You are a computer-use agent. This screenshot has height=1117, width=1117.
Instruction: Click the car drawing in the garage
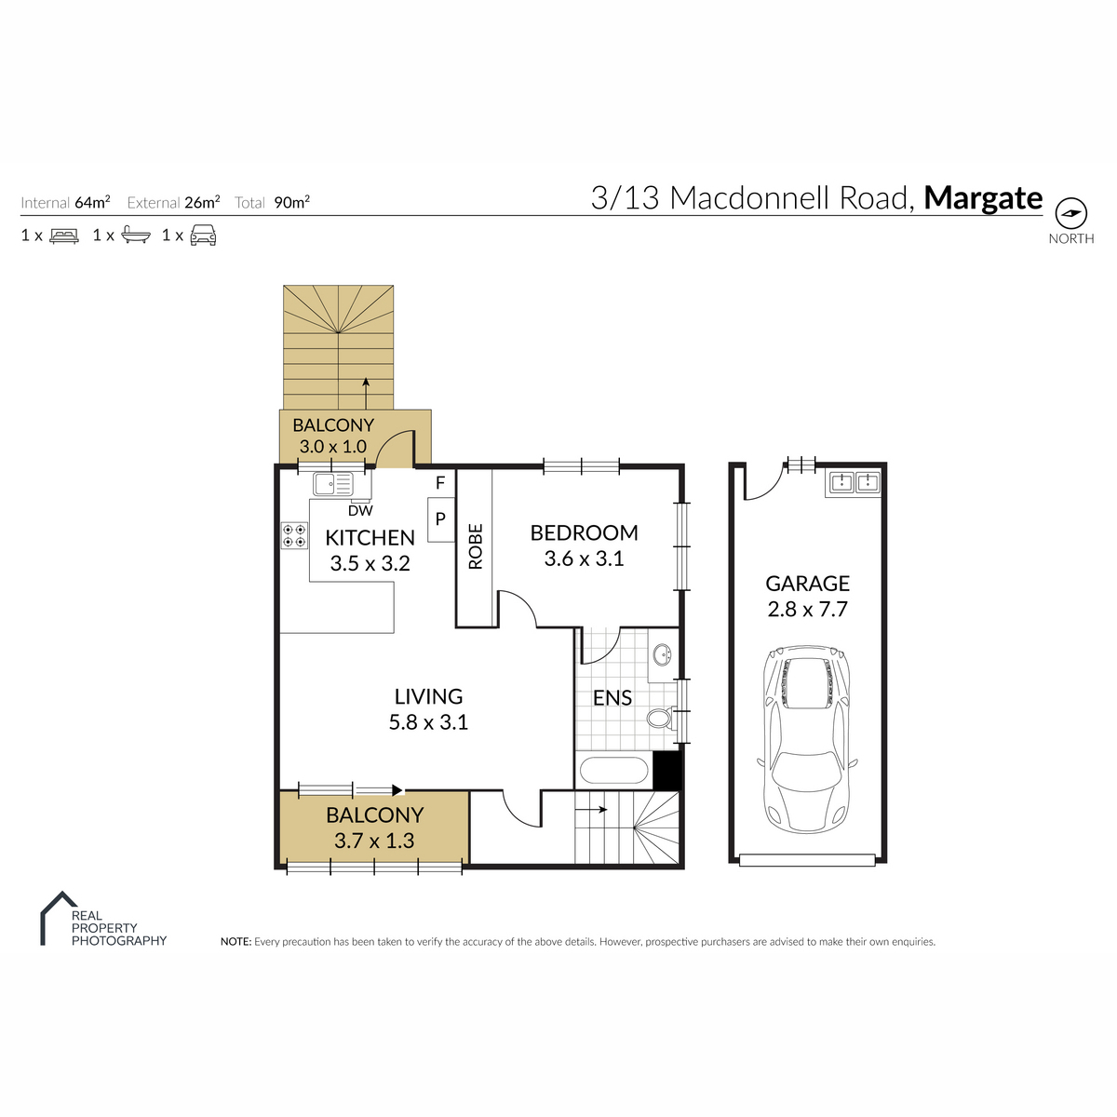807,740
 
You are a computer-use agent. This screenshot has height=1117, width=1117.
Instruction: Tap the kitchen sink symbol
332,483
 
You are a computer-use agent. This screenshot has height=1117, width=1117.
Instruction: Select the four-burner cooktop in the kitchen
294,535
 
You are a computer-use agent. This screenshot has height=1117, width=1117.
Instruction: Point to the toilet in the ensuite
661,719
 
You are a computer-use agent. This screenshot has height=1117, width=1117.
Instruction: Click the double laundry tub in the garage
854,481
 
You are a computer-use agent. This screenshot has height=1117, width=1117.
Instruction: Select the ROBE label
475,546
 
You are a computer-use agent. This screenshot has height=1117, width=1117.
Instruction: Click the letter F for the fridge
440,482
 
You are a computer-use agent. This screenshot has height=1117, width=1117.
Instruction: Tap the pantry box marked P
440,519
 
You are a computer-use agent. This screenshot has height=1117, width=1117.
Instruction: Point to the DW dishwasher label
360,511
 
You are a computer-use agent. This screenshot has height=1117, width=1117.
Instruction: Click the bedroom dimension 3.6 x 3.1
584,558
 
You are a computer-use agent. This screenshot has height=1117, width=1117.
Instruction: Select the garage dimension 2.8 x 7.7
807,609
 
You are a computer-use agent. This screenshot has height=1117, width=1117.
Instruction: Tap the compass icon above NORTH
1070,213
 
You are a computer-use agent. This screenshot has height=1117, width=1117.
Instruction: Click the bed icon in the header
64,236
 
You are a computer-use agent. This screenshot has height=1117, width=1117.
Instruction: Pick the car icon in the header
204,236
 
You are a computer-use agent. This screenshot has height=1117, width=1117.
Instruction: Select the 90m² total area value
291,202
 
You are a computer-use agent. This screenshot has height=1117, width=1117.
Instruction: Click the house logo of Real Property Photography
59,918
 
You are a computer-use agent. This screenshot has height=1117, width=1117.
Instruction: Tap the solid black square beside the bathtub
666,770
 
